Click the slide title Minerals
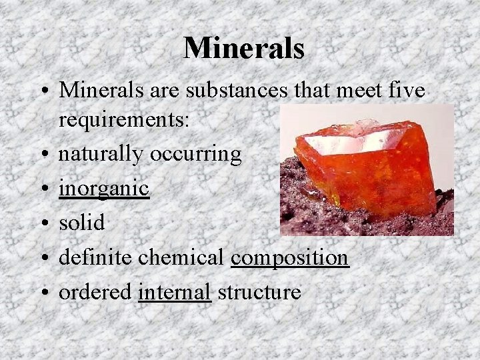tap(244, 48)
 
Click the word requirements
tap(123, 121)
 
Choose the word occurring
tap(196, 155)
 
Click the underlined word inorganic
tap(103, 189)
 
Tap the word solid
tap(82, 223)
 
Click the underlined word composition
tap(290, 257)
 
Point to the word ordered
tap(95, 292)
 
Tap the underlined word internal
tap(175, 292)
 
